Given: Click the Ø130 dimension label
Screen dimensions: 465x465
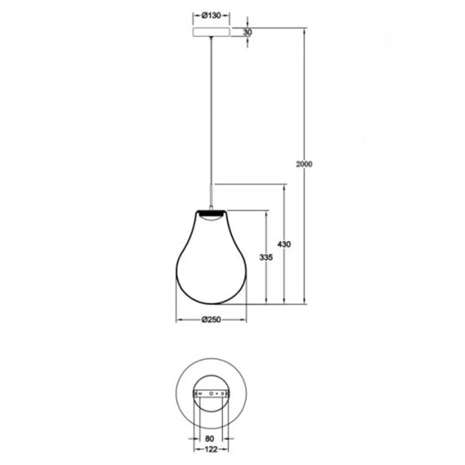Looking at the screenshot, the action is (211, 15).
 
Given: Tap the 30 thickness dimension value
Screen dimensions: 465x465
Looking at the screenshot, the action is (247, 32).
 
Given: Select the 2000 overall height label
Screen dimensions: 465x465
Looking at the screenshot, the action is (304, 164).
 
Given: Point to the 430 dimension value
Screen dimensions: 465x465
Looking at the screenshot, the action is (284, 245).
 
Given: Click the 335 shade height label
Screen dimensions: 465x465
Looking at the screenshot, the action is (266, 257).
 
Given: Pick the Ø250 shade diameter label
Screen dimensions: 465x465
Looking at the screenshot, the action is (211, 319).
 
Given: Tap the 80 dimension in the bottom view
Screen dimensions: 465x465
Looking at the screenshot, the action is (209, 438).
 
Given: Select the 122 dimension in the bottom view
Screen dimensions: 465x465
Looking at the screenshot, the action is (211, 449).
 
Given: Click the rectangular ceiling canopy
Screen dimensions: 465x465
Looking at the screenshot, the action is (211, 32).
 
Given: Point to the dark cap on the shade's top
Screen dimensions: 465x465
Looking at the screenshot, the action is (211, 212).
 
